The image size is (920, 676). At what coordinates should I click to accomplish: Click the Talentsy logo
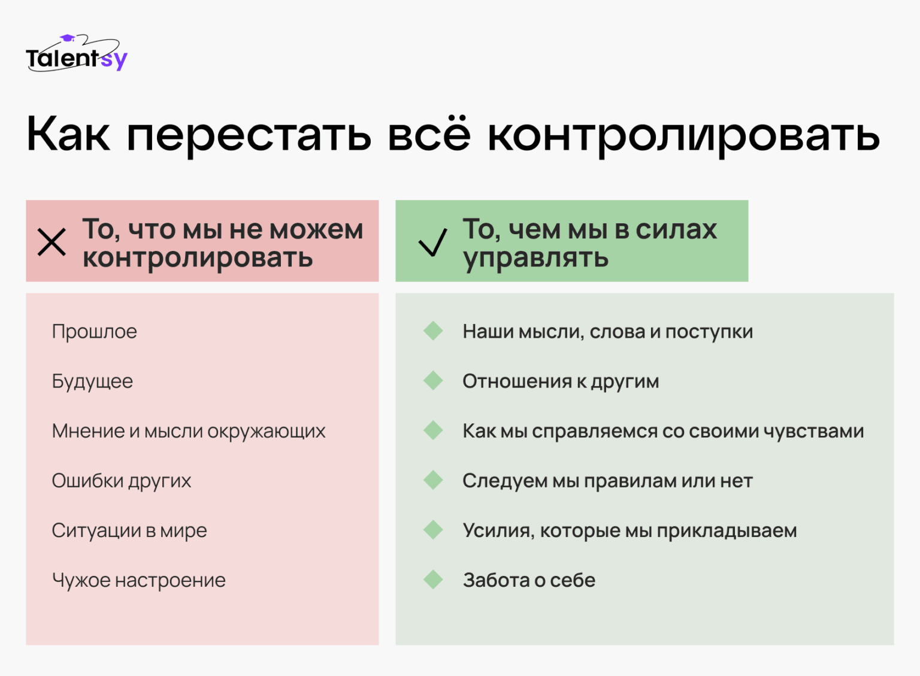77,53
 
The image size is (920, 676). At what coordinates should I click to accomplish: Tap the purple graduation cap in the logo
67,38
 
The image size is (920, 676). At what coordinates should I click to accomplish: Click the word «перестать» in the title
249,135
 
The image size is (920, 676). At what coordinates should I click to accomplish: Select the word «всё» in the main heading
429,133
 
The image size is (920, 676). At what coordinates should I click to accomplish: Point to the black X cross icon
52,242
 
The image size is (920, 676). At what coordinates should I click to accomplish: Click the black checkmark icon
433,242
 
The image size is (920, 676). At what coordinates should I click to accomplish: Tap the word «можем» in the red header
316,229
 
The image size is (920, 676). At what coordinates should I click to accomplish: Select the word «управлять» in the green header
535,259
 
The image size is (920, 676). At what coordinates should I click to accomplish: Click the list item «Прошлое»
95,332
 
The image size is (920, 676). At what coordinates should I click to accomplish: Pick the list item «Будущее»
92,381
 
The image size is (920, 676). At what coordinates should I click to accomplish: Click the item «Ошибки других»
122,481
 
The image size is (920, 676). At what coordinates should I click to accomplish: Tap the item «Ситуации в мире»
129,531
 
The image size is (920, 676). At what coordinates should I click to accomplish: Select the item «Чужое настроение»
139,580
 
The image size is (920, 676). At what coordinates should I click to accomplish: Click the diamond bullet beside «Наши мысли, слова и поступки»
433,331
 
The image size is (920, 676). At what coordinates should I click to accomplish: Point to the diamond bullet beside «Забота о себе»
433,580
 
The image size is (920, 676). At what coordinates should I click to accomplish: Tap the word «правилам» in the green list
630,481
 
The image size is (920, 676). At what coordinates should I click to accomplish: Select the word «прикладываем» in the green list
727,531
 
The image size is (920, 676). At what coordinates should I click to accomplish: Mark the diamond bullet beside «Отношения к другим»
433,381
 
